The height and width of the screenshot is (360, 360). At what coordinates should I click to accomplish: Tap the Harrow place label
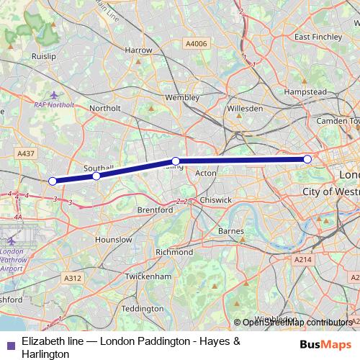pos(138,50)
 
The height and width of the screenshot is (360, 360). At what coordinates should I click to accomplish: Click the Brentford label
pos(156,210)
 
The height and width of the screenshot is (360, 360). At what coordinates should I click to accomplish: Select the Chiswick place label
pos(216,199)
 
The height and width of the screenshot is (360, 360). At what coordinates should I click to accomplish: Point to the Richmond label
pos(174,253)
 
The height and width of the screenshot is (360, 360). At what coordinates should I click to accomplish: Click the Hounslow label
pos(114,239)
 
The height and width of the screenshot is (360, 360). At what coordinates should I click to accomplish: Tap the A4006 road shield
pos(195,44)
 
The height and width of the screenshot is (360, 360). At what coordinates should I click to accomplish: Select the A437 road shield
pos(26,153)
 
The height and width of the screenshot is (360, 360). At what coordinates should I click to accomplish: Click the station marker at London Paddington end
pos(307,159)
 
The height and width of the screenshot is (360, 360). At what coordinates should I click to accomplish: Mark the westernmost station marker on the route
pos(52,181)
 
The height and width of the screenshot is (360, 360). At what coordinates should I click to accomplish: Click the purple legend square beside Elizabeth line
pos(9,344)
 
